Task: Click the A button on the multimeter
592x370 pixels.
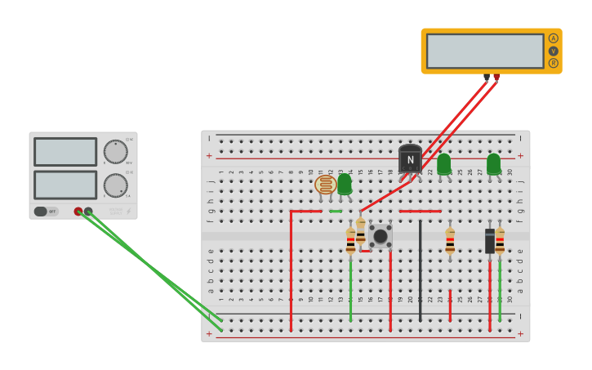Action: click(x=554, y=38)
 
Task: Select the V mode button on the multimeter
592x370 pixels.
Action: click(x=554, y=51)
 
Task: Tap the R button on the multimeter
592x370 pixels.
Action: click(x=554, y=63)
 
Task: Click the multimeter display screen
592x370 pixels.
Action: click(x=485, y=51)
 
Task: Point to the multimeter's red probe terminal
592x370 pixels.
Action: click(x=496, y=78)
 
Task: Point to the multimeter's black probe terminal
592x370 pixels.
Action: click(x=487, y=78)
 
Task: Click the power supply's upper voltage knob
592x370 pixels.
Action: click(x=115, y=152)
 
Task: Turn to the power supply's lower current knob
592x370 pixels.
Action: click(x=115, y=185)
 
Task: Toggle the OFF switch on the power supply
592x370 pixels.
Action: click(x=47, y=212)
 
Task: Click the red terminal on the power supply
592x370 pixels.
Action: click(x=78, y=212)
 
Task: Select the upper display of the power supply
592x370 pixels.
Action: click(x=65, y=152)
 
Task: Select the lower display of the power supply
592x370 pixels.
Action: click(x=65, y=185)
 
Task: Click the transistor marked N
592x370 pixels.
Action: click(x=410, y=159)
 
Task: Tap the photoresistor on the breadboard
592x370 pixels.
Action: click(x=325, y=185)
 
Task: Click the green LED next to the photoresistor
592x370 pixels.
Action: click(x=345, y=184)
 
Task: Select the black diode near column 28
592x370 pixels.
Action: click(x=490, y=241)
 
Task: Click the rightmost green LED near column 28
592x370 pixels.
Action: click(x=493, y=164)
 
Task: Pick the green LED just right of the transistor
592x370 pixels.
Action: click(x=443, y=164)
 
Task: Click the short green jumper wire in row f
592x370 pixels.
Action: click(x=336, y=211)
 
